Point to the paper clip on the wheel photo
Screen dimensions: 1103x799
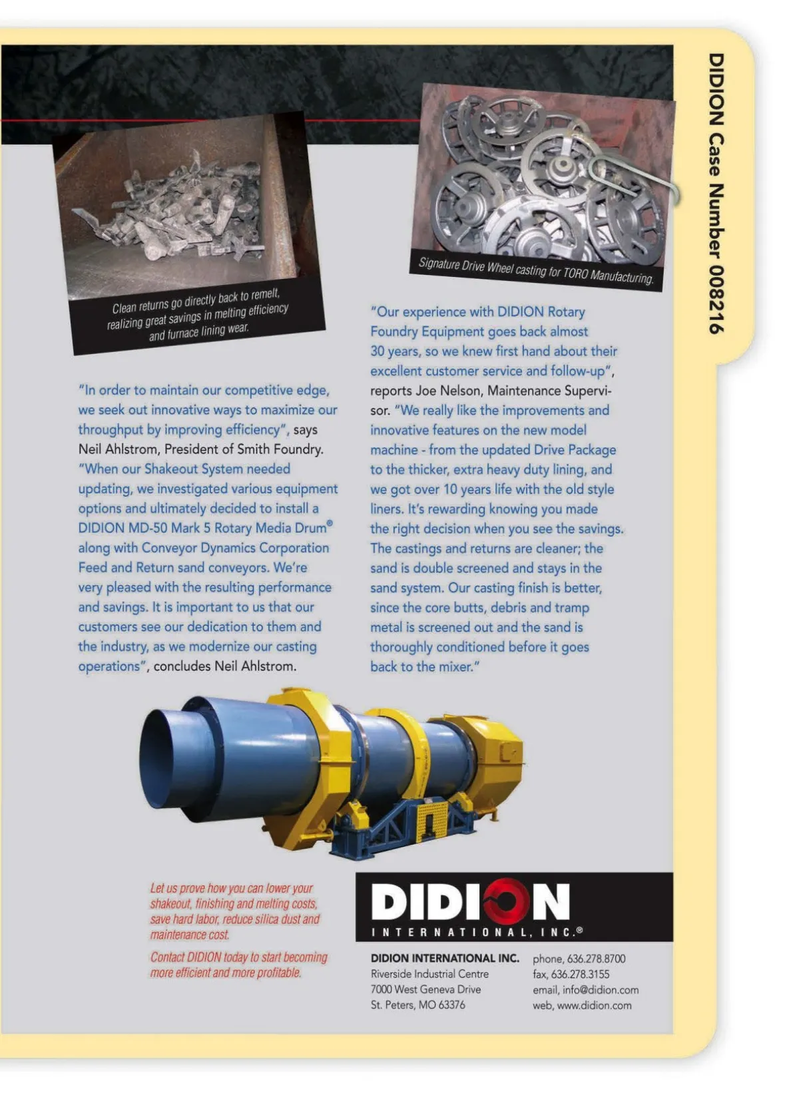[x=633, y=177]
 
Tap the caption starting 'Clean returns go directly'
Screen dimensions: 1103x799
[x=198, y=316]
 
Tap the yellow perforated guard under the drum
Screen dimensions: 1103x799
[x=430, y=818]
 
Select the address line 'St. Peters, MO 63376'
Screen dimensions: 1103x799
[x=417, y=1005]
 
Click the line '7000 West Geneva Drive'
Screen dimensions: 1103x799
[x=425, y=990]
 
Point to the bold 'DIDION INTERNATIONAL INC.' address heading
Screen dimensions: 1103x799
[x=444, y=959]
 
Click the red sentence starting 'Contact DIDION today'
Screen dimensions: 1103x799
[x=238, y=965]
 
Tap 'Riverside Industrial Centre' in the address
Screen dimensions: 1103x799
[x=429, y=974]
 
